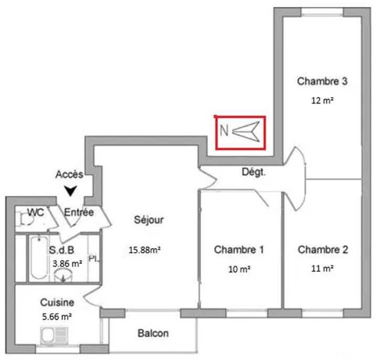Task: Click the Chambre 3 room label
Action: click(322, 81)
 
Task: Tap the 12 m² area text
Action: click(322, 101)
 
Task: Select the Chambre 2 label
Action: click(322, 250)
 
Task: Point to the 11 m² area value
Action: click(322, 269)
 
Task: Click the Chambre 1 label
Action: click(239, 250)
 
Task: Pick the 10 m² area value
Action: click(239, 269)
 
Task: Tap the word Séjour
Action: click(149, 220)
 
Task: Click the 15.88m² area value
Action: click(144, 250)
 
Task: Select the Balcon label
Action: click(153, 333)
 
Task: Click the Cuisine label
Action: click(57, 303)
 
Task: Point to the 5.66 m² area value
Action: click(57, 316)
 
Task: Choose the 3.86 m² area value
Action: click(67, 263)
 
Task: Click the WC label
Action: click(35, 213)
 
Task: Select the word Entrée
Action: click(79, 213)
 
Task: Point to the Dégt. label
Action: click(254, 171)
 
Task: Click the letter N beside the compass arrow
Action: click(223, 131)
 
